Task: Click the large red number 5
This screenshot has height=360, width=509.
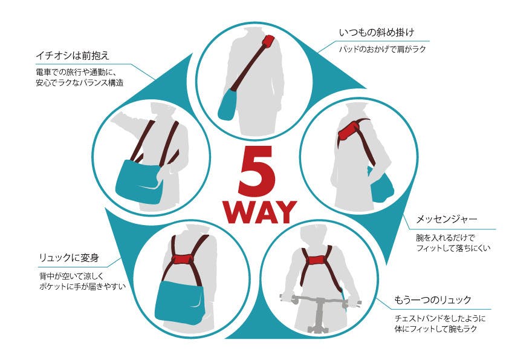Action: click(x=257, y=171)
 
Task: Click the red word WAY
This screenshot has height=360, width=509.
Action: click(x=260, y=212)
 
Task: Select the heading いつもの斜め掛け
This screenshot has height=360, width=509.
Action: click(x=377, y=33)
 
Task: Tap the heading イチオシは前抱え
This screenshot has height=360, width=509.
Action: click(x=73, y=56)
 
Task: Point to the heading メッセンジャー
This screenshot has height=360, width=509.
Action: click(x=447, y=218)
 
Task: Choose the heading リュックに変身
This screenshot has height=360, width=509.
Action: click(x=68, y=258)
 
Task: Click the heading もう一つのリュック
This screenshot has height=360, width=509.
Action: click(x=432, y=299)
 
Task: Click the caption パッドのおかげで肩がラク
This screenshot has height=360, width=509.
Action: click(x=383, y=50)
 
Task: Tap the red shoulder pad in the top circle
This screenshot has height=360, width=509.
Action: click(x=269, y=41)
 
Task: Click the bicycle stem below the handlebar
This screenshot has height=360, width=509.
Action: click(x=320, y=315)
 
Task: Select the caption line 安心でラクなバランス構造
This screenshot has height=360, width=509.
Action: click(x=80, y=82)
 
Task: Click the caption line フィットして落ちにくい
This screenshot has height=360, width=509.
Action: click(x=453, y=249)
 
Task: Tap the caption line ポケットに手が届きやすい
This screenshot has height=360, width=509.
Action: click(x=82, y=287)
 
